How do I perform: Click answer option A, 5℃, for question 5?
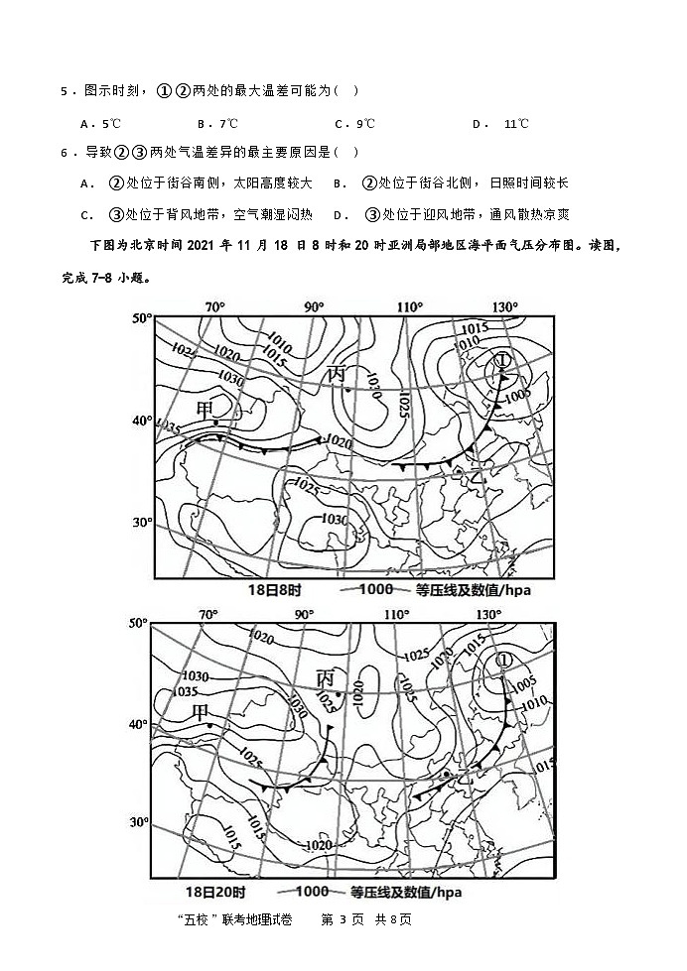101,124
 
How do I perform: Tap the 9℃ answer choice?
360,124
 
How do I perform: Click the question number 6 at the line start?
65,153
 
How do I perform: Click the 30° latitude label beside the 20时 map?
139,822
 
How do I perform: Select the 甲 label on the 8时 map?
206,410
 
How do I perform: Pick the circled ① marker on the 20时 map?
503,660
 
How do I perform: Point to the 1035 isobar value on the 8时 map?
168,428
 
